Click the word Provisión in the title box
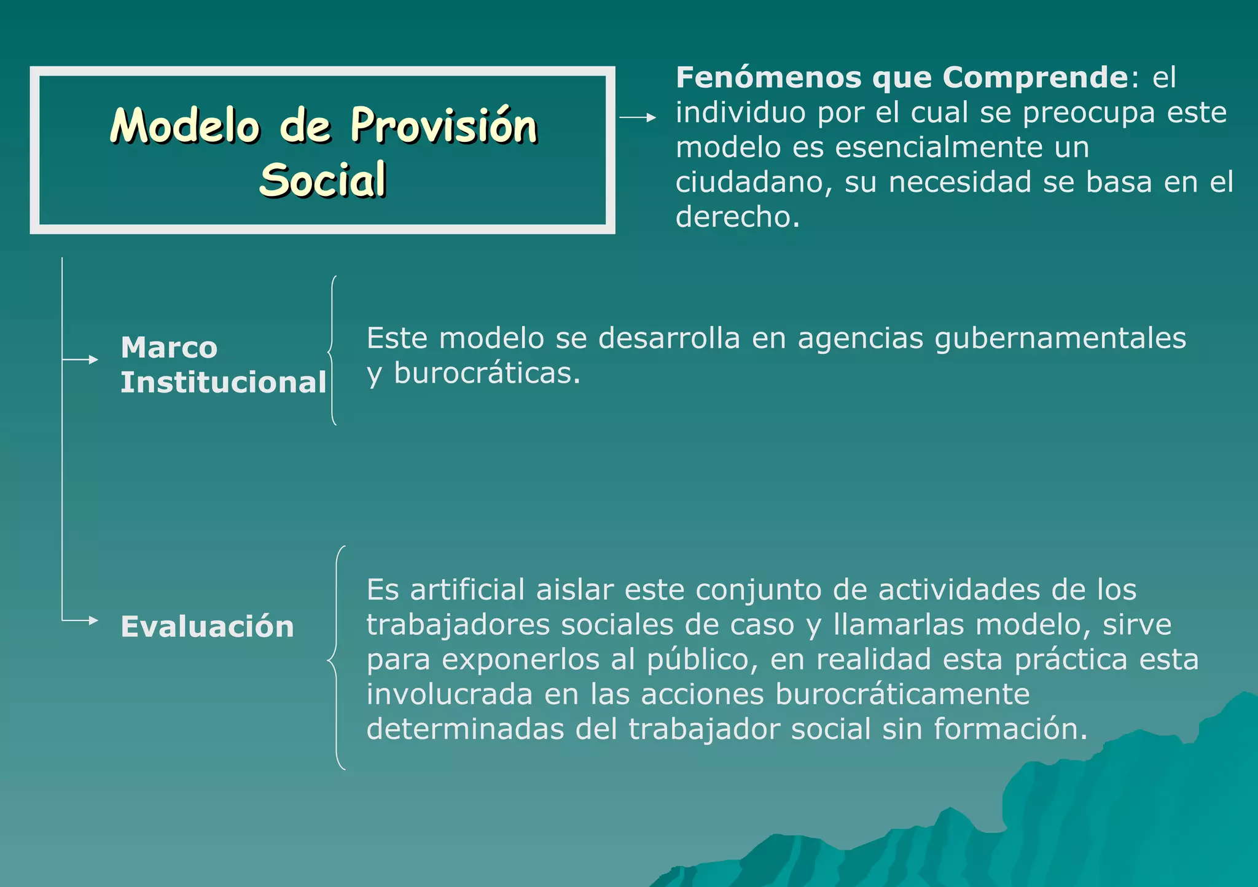tap(443, 127)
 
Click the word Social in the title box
tap(323, 181)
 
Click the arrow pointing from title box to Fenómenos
tap(638, 117)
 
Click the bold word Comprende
tap(1035, 78)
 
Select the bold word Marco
tap(169, 348)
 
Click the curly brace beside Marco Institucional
tap(332, 351)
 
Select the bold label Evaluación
tap(207, 627)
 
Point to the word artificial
tap(467, 590)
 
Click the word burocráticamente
tap(902, 695)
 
